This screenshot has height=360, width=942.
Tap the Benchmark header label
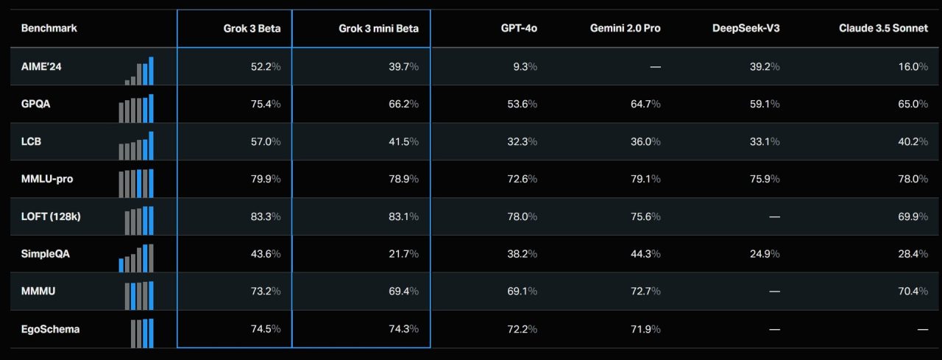(x=49, y=29)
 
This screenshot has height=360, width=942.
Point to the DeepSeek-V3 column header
(x=746, y=29)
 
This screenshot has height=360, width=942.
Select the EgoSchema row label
(x=50, y=329)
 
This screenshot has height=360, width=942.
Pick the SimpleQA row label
(x=46, y=254)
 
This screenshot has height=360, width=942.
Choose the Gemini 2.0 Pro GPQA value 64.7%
(x=645, y=104)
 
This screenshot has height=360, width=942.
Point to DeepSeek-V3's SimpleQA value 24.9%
(x=765, y=254)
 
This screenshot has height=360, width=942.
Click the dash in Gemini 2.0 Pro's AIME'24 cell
(x=655, y=66)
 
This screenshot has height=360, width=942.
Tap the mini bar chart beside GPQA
(x=136, y=107)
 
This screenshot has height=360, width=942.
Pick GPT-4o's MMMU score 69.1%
(x=522, y=292)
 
